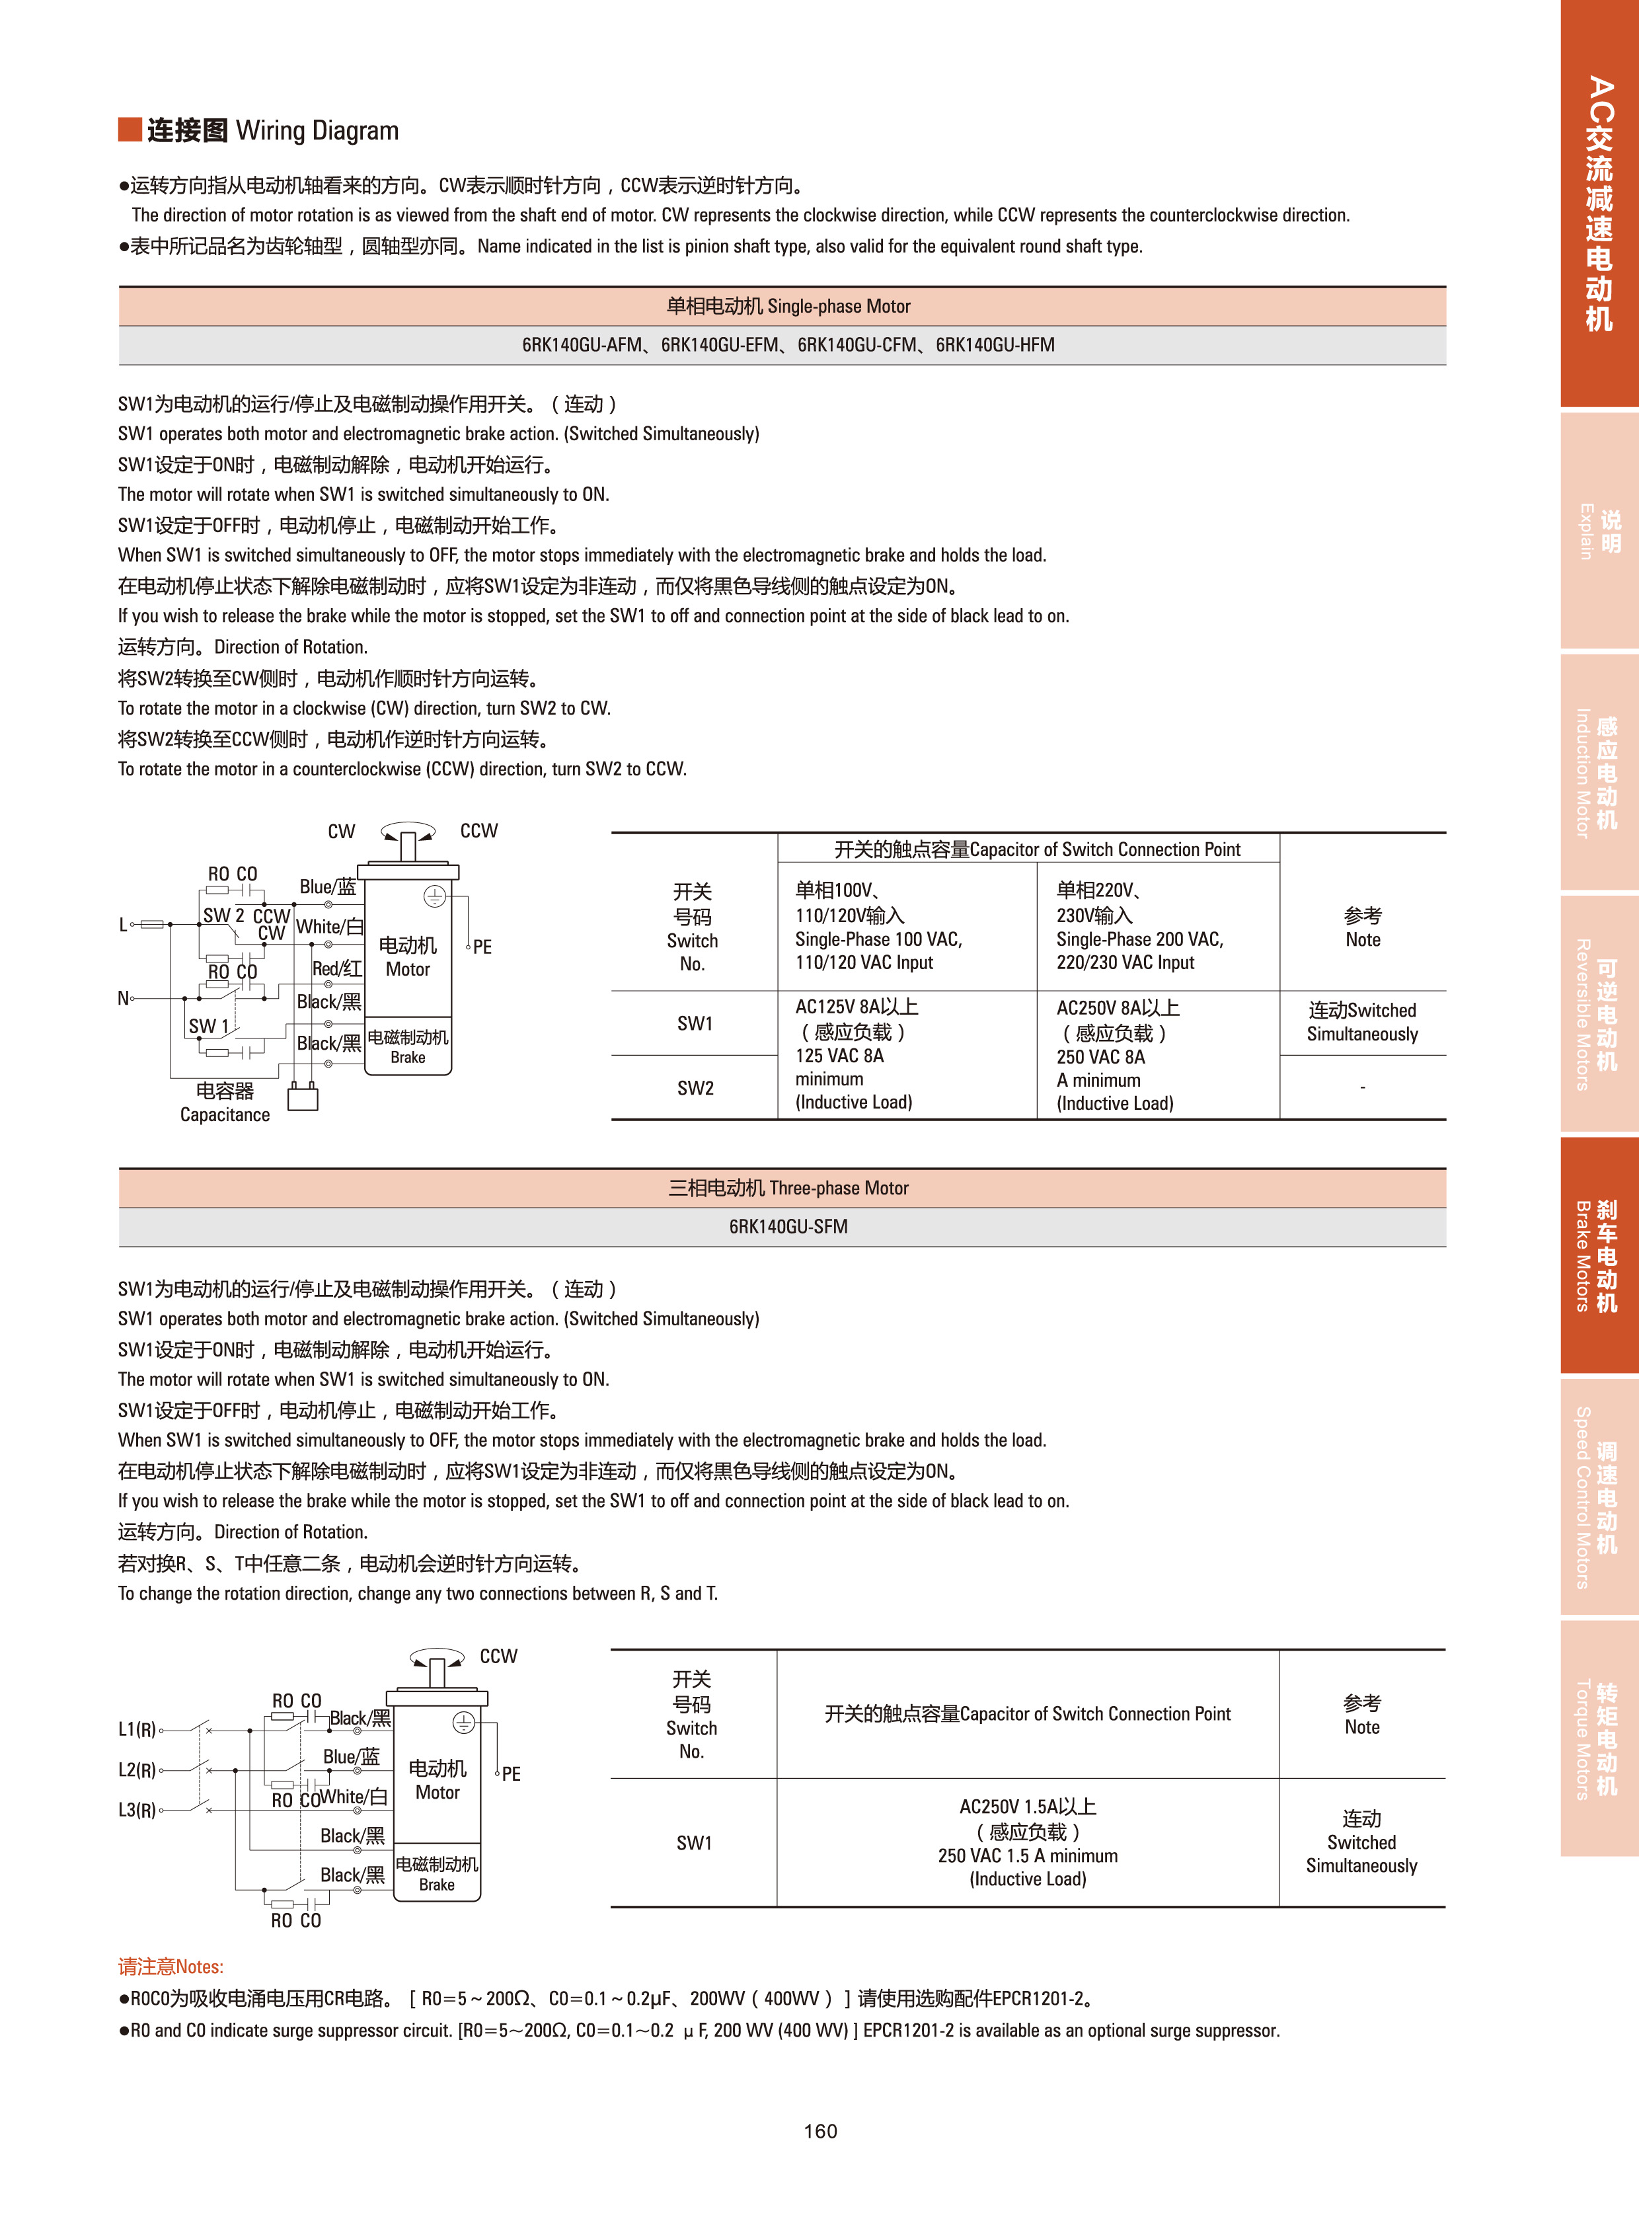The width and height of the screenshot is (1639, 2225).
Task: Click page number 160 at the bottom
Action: [819, 2130]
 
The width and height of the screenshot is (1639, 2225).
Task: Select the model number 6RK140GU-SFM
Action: [788, 1227]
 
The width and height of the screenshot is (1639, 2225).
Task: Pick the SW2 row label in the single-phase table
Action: [695, 1087]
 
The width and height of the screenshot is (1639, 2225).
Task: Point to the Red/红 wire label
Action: [336, 968]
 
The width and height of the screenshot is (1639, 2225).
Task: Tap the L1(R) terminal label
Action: [137, 1730]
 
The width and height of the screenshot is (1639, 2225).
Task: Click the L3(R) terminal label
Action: [137, 1810]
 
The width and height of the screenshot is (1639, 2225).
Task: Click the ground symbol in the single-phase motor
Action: [435, 896]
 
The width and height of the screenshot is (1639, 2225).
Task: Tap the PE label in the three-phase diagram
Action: [511, 1774]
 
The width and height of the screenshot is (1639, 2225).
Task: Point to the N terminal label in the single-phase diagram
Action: [123, 997]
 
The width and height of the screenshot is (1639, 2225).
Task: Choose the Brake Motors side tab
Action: [1598, 1255]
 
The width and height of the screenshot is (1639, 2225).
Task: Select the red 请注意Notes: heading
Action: [171, 1966]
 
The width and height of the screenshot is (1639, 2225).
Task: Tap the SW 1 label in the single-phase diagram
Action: [208, 1026]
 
